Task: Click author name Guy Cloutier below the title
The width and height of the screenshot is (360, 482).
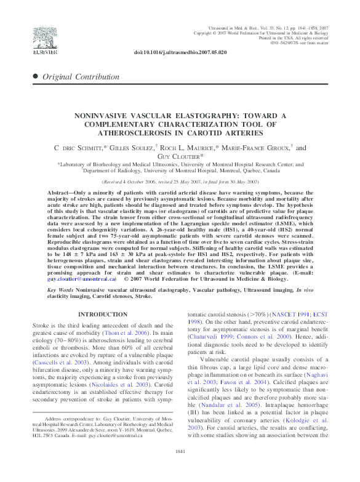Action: pyautogui.click(x=180, y=157)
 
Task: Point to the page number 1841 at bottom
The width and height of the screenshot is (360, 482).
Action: pyautogui.click(x=180, y=468)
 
